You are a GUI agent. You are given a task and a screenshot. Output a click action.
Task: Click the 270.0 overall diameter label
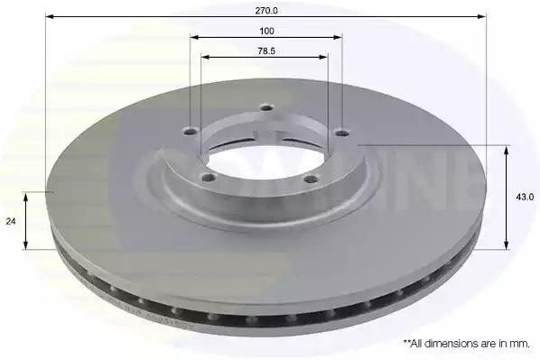266,11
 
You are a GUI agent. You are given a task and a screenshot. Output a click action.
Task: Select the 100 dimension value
266,31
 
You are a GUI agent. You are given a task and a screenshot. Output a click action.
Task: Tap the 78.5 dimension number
266,51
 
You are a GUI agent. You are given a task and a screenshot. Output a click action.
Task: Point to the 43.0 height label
525,197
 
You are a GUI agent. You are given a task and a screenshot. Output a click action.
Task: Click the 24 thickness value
11,221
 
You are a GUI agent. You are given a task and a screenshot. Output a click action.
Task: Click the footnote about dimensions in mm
466,343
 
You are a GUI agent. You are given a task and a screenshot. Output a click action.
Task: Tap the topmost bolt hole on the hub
266,107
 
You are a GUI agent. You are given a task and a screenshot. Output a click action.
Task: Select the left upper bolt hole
191,131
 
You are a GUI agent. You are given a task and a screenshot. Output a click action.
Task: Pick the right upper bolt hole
342,133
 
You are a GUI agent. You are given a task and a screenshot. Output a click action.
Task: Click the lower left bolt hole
209,178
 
